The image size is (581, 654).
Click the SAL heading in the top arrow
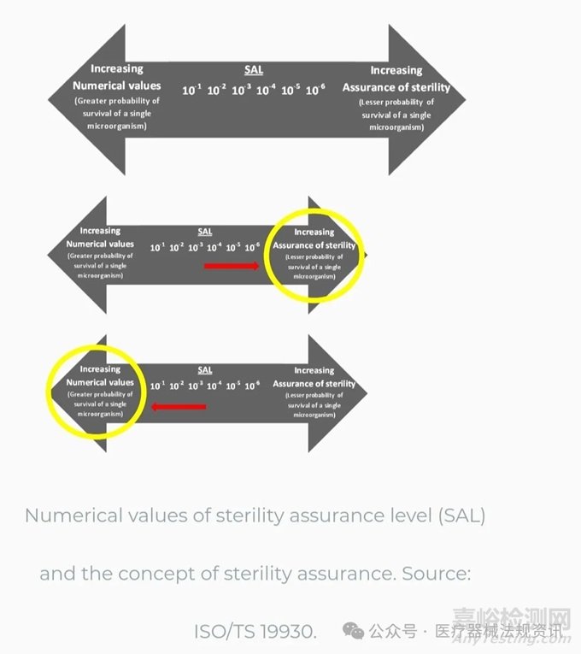pyautogui.click(x=253, y=71)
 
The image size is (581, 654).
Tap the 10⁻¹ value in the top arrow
pyautogui.click(x=191, y=90)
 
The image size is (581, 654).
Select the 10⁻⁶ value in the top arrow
pyautogui.click(x=315, y=90)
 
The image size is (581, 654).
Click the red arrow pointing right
pyautogui.click(x=231, y=266)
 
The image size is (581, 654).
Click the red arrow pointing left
pyautogui.click(x=179, y=407)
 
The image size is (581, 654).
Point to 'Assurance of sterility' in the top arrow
pyautogui.click(x=396, y=86)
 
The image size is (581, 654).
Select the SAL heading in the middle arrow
pyautogui.click(x=205, y=231)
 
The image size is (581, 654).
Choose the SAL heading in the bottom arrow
pyautogui.click(x=205, y=369)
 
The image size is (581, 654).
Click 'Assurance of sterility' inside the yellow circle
pyautogui.click(x=314, y=245)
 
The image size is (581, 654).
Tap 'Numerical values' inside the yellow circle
pyautogui.click(x=100, y=382)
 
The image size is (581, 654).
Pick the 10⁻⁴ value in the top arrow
pyautogui.click(x=266, y=90)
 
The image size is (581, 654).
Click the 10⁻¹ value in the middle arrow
pyautogui.click(x=157, y=247)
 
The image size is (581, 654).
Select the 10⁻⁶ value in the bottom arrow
pyautogui.click(x=252, y=386)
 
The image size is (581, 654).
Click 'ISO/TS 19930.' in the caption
pyautogui.click(x=255, y=631)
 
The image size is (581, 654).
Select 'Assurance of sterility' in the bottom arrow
pyautogui.click(x=314, y=384)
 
